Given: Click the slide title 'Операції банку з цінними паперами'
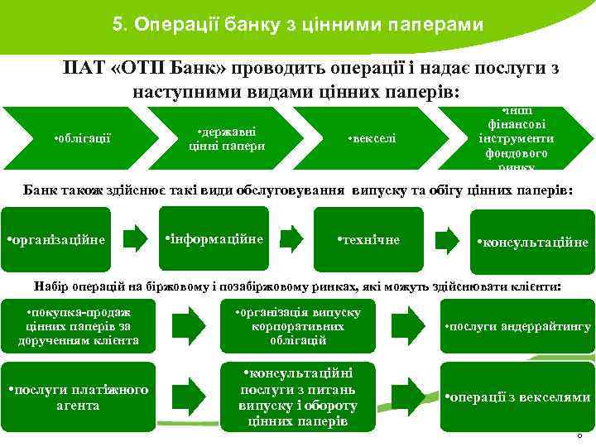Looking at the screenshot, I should point(297,25).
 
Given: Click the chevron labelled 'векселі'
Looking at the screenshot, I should point(372,138).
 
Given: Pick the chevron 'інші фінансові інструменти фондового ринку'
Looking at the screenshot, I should point(517,138).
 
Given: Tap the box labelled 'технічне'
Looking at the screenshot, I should point(369,239).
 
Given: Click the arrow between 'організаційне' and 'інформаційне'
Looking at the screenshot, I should point(133,239).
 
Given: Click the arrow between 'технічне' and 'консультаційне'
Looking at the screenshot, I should point(447,239).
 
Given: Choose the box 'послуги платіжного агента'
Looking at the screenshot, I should point(79,397).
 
